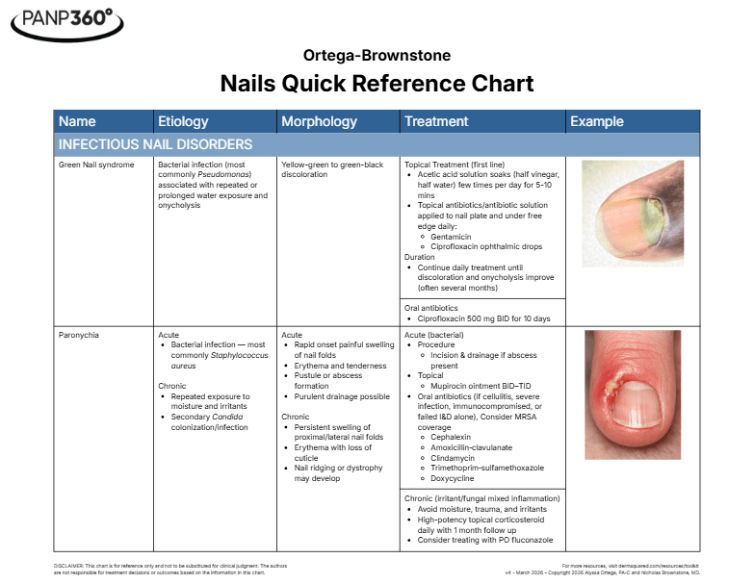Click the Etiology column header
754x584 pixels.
tap(183, 122)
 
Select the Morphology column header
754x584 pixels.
tap(319, 122)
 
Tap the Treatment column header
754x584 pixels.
tap(436, 122)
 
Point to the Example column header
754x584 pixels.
tap(597, 122)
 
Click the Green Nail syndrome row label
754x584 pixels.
tap(96, 165)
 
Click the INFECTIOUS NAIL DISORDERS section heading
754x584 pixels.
tap(155, 145)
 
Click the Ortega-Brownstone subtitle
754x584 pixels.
tap(377, 56)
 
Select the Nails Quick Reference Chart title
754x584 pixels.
tap(377, 84)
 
